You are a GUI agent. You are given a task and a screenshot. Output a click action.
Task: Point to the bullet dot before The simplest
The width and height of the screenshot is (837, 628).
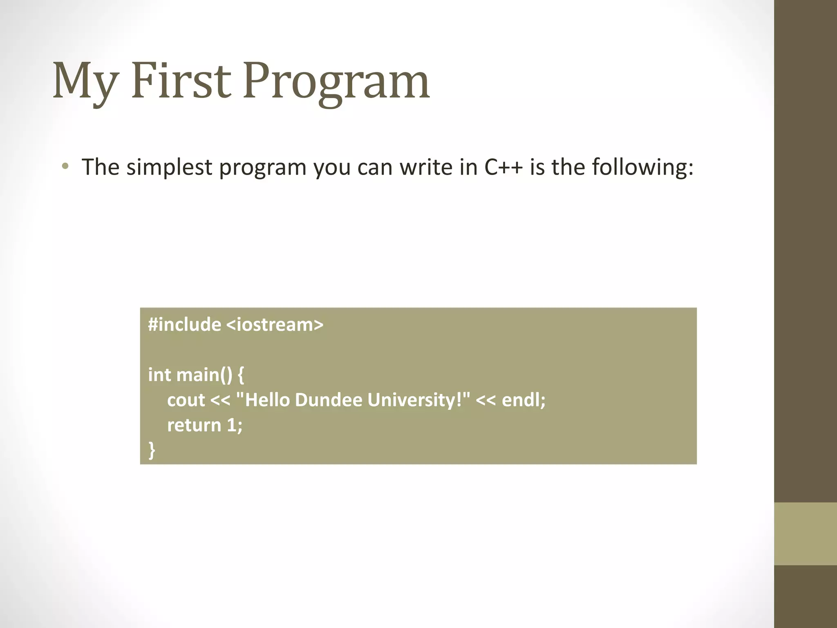pos(65,166)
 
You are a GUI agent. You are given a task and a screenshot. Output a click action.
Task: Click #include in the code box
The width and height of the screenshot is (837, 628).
pos(184,325)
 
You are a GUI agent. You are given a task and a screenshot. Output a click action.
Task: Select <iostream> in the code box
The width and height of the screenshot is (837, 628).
pos(274,325)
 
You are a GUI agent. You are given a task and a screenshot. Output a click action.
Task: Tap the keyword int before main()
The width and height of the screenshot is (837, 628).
pos(159,375)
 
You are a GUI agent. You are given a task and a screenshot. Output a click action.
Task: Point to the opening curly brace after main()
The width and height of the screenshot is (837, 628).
pos(241,375)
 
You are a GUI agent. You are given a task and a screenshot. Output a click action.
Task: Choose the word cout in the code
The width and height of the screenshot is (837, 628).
pos(186,400)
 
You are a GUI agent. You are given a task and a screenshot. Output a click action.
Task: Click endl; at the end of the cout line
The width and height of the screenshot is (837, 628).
pos(524,400)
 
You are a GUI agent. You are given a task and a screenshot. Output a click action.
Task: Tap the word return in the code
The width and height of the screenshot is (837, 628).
pos(194,425)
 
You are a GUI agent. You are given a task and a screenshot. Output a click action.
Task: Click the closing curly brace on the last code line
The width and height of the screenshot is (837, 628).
pos(152,450)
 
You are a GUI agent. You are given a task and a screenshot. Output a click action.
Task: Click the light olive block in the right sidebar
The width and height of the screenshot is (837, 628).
pos(805,534)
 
